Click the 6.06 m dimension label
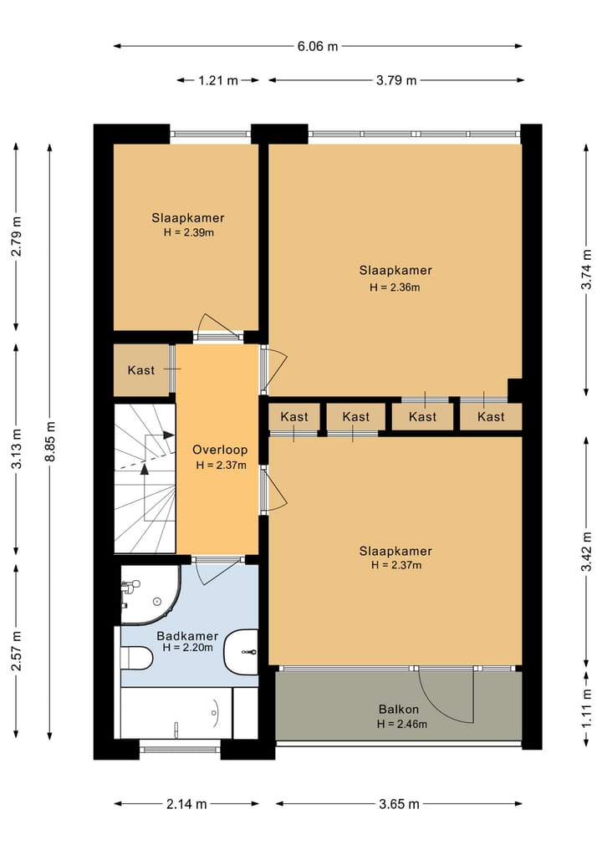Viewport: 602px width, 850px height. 317,47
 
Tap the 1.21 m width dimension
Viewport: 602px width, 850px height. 218,81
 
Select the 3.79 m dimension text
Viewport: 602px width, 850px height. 396,81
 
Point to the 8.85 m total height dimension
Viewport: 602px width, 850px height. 50,441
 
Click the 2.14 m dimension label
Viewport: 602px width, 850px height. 186,804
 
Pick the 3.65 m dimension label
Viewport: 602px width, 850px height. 399,804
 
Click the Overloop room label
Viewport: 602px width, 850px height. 220,450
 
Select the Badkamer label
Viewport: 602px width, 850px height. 187,636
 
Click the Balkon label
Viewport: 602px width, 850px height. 399,709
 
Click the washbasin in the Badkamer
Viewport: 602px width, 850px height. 242,652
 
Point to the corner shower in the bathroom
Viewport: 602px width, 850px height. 150,595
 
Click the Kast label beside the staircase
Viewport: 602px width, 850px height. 141,370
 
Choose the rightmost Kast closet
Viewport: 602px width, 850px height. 491,416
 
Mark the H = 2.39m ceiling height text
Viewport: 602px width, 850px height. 189,232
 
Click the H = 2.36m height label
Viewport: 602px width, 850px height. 395,288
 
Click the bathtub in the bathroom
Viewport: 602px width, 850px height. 176,713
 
